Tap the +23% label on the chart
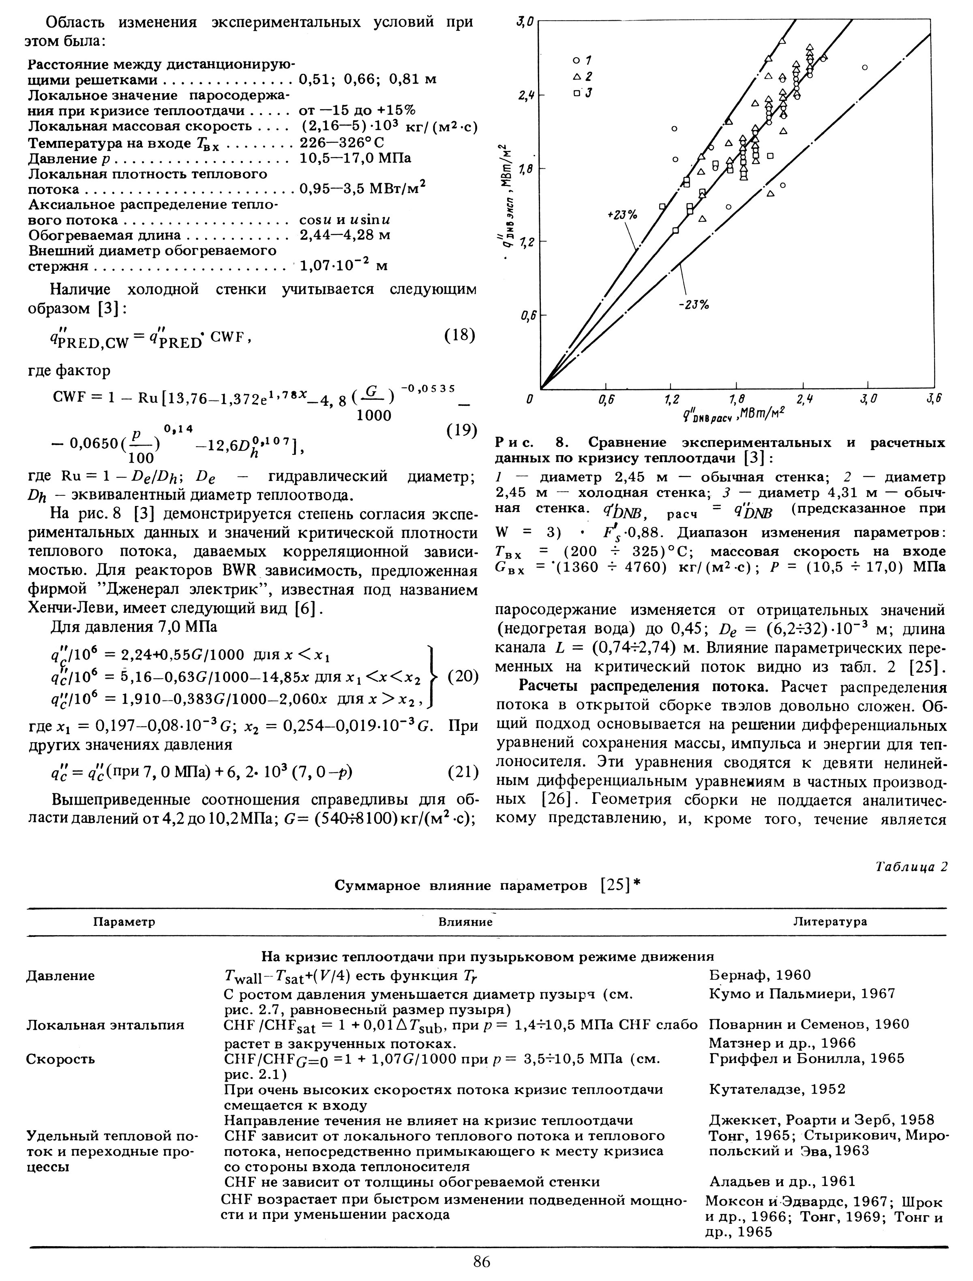click(x=622, y=215)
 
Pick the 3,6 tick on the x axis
click(x=934, y=400)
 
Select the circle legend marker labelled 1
click(x=576, y=60)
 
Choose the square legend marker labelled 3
click(x=576, y=93)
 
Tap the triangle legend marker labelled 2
click(x=576, y=77)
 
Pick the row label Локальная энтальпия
click(x=105, y=1025)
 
